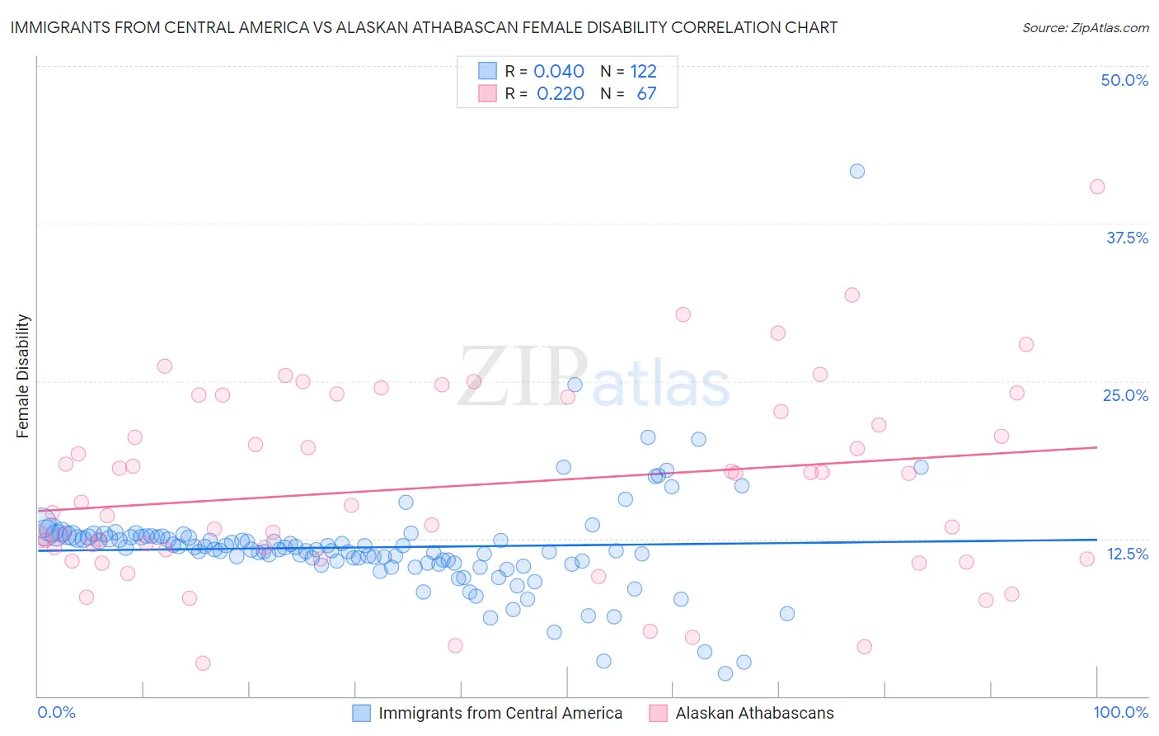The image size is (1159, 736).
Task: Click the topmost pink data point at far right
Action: pyautogui.click(x=1096, y=186)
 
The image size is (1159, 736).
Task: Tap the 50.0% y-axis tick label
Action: pyautogui.click(x=1124, y=80)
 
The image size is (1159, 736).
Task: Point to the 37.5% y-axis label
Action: pyautogui.click(x=1127, y=238)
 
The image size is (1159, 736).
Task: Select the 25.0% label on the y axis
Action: pyautogui.click(x=1125, y=395)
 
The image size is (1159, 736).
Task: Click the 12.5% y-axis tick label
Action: pyautogui.click(x=1127, y=554)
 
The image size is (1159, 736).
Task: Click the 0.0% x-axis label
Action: pyautogui.click(x=57, y=712)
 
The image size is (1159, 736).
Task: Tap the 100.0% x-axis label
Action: pyautogui.click(x=1120, y=712)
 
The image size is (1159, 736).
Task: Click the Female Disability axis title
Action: pyautogui.click(x=23, y=375)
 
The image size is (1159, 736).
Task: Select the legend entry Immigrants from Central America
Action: pyautogui.click(x=500, y=713)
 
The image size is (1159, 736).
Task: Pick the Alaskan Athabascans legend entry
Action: pyautogui.click(x=754, y=713)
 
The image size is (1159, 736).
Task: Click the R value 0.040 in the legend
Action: pyautogui.click(x=559, y=72)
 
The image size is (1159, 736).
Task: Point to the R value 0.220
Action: pyautogui.click(x=561, y=94)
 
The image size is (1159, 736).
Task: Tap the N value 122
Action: pyautogui.click(x=643, y=72)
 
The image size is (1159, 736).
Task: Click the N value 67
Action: pyautogui.click(x=646, y=94)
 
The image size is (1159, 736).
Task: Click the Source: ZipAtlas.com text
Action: pyautogui.click(x=1085, y=28)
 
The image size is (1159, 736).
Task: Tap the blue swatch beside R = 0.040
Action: pyautogui.click(x=488, y=71)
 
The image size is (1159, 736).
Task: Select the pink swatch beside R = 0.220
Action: pyautogui.click(x=488, y=93)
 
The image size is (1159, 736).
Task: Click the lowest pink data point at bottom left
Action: pyautogui.click(x=202, y=663)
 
